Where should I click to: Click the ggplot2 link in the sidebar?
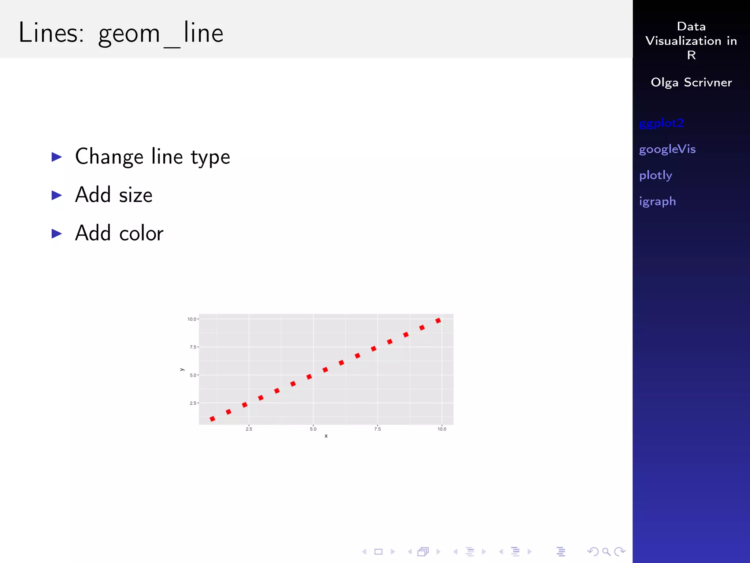pos(661,124)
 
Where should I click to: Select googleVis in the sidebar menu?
pos(667,149)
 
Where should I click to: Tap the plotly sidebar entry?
pos(655,175)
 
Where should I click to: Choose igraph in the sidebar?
pos(657,201)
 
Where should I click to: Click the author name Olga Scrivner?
pos(691,82)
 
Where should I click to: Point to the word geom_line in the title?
pos(161,33)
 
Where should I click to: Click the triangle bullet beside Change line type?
pos(57,157)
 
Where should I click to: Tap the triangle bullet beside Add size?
pos(57,195)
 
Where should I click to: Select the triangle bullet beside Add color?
pos(57,233)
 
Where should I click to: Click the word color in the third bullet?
pos(141,233)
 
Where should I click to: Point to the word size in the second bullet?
pos(135,195)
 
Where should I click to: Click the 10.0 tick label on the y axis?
pos(192,319)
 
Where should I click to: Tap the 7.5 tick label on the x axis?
pos(377,429)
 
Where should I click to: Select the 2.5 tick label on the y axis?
pos(193,403)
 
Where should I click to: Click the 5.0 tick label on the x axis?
pos(313,429)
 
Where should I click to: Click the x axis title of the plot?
pos(326,436)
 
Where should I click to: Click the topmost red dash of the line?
pos(438,321)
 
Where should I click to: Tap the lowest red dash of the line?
pos(212,419)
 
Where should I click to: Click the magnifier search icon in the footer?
pos(606,552)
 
